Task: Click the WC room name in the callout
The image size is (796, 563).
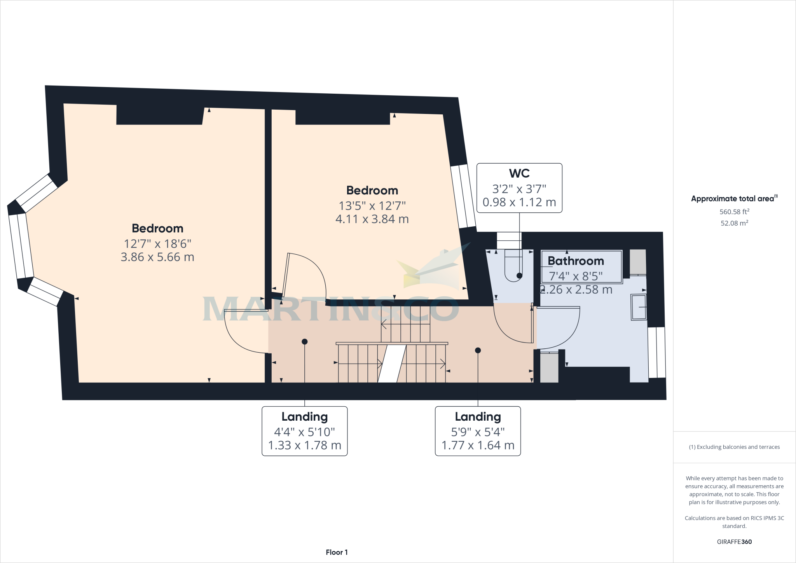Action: click(x=519, y=173)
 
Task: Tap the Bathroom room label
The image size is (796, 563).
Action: click(x=576, y=261)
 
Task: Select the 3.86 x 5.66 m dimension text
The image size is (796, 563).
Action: click(x=157, y=257)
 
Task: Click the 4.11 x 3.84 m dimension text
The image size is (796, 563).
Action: click(x=372, y=219)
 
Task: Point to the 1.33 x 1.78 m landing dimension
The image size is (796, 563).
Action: click(x=305, y=445)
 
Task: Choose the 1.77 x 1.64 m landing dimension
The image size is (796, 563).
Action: click(x=478, y=445)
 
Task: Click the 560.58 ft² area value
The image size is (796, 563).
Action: click(x=734, y=212)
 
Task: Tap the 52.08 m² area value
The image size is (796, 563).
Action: click(x=734, y=223)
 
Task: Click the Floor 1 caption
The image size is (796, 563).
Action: click(x=337, y=552)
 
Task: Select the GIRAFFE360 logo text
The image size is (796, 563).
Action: click(x=734, y=542)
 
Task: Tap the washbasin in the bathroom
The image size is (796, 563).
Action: click(x=639, y=307)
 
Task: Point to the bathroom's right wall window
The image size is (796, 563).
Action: click(x=656, y=352)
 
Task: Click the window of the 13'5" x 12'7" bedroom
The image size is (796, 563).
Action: click(x=463, y=196)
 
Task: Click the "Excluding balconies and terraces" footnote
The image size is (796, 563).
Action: click(x=734, y=447)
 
